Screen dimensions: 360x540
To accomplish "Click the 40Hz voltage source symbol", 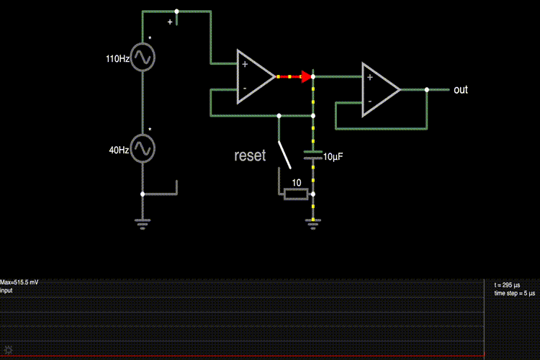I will (x=143, y=148).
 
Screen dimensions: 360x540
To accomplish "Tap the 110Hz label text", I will (x=117, y=59).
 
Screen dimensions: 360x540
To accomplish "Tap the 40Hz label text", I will (x=119, y=150).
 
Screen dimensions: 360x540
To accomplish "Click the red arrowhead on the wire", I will (x=306, y=76).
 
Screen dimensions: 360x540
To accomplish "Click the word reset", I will (x=250, y=155).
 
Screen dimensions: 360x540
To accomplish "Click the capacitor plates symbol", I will (x=312, y=154).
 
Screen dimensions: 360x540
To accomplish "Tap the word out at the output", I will (x=460, y=90).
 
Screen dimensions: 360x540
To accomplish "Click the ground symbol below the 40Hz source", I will (x=143, y=224).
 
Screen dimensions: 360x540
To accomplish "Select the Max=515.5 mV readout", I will (x=19, y=283).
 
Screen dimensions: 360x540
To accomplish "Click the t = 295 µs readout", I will (x=506, y=286).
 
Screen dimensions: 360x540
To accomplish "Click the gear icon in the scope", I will (x=9, y=349).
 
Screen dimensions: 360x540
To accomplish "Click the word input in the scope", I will (x=7, y=291).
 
